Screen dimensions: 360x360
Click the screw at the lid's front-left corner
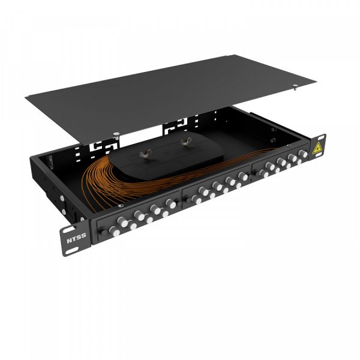pos(119,134)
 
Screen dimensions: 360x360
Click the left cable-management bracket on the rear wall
pos(99,146)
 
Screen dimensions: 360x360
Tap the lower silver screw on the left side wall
pos(61,199)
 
